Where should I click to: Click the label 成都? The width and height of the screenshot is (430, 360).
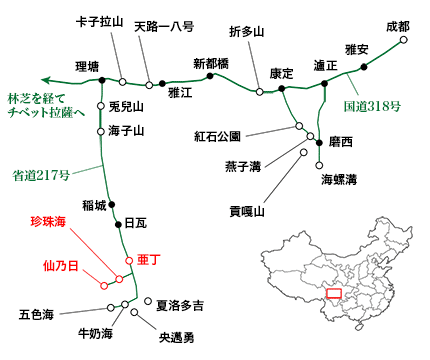397,25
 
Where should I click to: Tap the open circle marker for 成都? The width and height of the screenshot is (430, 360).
403,42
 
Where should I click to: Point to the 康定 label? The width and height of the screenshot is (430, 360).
282,73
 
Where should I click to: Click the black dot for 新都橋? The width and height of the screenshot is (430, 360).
209,75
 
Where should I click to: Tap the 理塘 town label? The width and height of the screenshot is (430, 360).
88,67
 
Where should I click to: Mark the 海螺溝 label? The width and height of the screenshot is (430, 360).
338,179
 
